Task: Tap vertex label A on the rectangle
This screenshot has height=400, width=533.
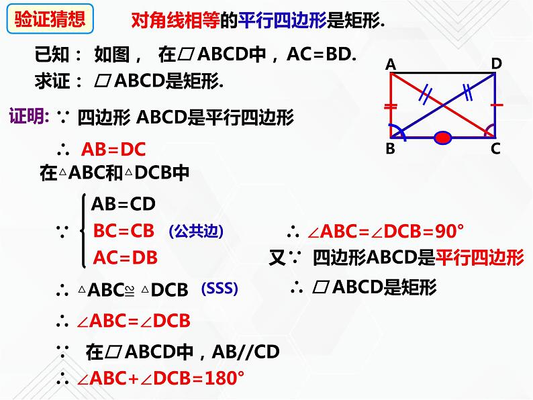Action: (390, 64)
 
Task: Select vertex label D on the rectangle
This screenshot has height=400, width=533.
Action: (496, 63)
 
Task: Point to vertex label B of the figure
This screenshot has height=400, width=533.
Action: (390, 149)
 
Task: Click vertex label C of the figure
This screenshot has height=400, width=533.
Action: (495, 149)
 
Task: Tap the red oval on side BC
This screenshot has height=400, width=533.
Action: (442, 138)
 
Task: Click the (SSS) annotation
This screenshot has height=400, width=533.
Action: (220, 289)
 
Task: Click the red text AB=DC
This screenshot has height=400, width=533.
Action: (113, 149)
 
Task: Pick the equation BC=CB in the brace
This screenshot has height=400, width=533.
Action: (124, 231)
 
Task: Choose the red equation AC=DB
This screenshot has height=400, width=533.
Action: (125, 257)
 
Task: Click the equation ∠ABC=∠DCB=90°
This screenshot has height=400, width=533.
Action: (385, 232)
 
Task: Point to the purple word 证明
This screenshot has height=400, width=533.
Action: (27, 117)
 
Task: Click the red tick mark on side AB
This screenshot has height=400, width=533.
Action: (389, 106)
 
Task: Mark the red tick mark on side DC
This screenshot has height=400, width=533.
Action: (496, 105)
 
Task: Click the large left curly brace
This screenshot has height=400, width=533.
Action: (82, 231)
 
